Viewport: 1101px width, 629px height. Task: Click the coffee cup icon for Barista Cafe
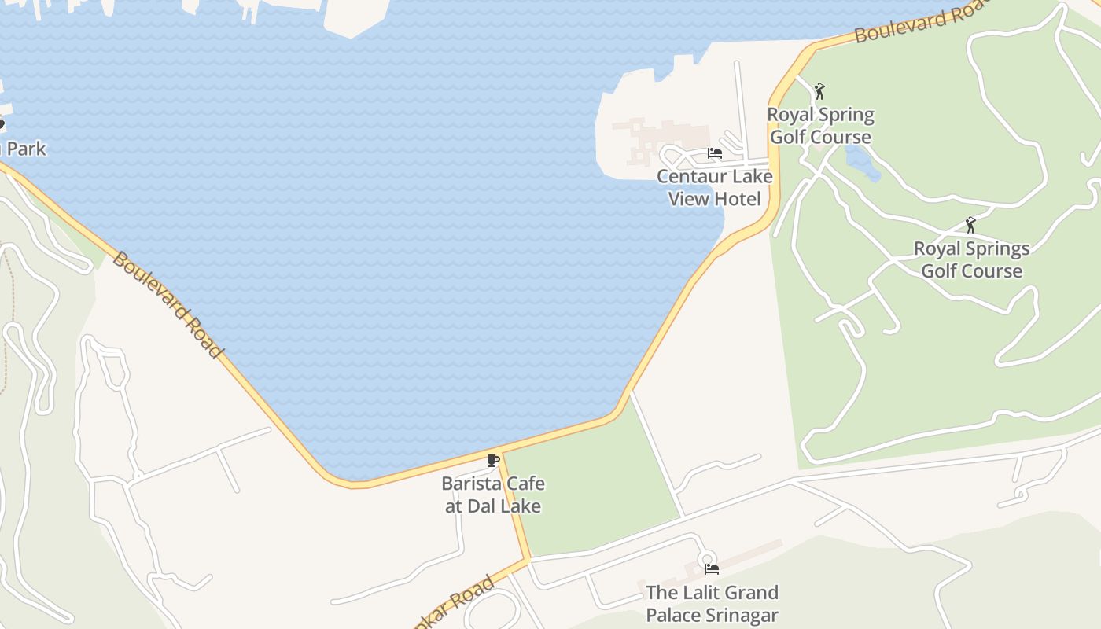[x=493, y=460]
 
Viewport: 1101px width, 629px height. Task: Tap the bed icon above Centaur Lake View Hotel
[x=715, y=153]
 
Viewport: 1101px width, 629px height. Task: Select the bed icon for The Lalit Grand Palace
[x=712, y=568]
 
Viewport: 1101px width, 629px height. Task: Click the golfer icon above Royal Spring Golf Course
[x=819, y=91]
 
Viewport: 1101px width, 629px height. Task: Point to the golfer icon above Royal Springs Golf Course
[x=970, y=225]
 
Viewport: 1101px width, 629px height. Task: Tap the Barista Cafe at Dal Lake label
[x=493, y=495]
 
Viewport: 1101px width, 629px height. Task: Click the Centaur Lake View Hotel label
[x=715, y=187]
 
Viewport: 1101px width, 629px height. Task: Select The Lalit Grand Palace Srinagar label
[x=712, y=603]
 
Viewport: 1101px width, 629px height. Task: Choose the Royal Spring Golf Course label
[x=820, y=126]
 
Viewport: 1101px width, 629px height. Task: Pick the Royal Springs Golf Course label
[x=971, y=259]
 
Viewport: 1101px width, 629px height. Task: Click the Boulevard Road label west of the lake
[x=167, y=304]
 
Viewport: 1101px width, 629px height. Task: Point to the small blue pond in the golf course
[x=862, y=162]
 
